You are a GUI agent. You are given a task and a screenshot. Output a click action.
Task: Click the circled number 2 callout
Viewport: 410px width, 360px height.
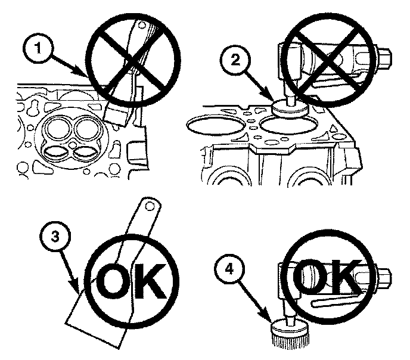[235, 60]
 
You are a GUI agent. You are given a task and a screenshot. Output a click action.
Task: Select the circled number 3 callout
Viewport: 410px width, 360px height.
[55, 238]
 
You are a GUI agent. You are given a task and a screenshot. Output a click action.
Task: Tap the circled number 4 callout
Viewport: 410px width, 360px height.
[229, 269]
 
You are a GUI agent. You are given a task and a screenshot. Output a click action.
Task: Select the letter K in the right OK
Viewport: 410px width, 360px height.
[344, 277]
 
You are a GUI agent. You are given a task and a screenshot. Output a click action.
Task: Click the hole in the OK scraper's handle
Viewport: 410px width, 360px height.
[150, 206]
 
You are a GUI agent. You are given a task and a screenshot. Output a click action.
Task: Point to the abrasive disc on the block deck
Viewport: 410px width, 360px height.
[290, 109]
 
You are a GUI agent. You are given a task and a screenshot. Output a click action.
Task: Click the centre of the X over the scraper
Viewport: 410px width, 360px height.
[133, 60]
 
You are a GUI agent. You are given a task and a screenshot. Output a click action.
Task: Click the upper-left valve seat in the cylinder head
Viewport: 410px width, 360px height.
[58, 127]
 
